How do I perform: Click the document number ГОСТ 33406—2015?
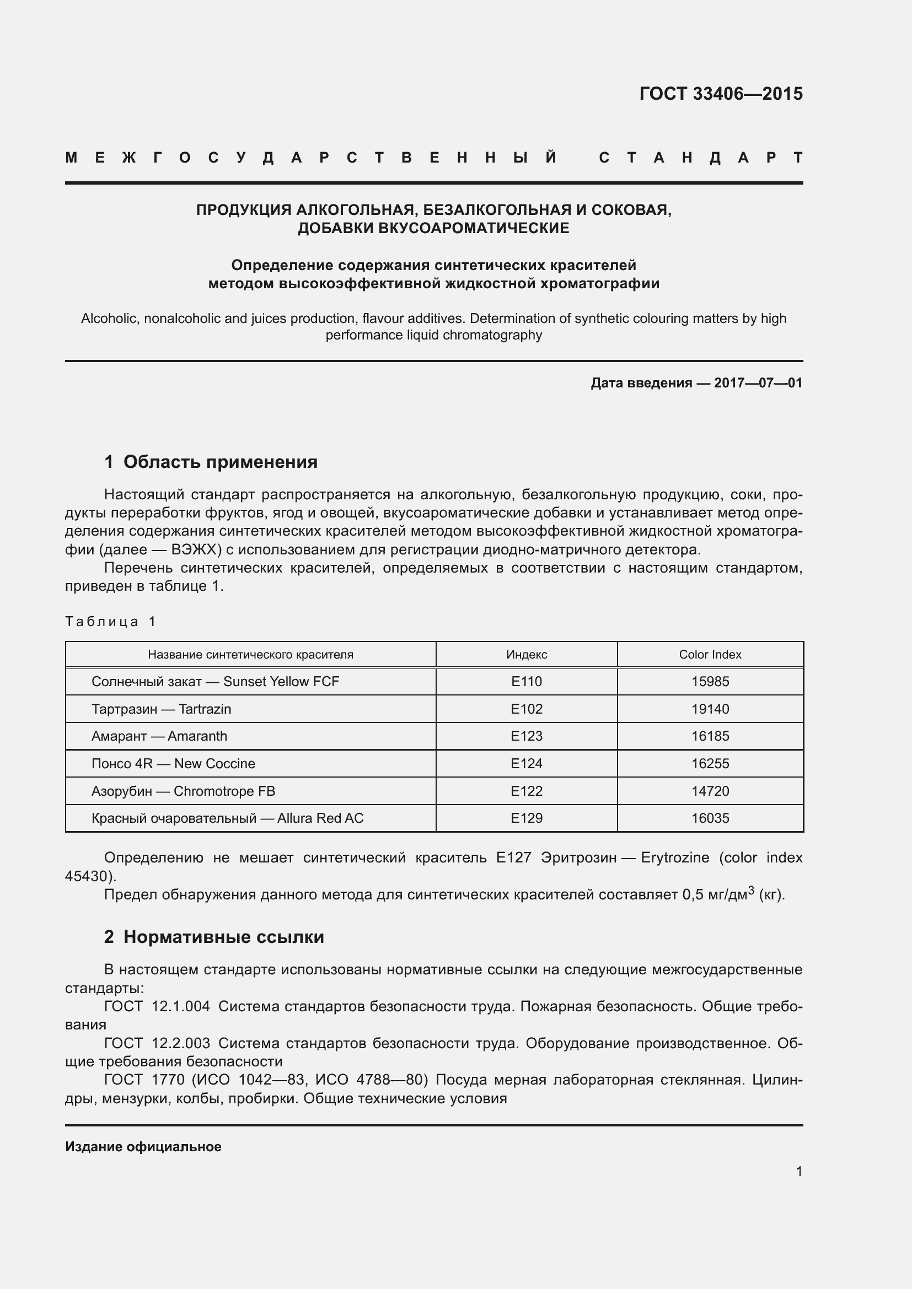pos(721,94)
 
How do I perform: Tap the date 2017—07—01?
pos(758,384)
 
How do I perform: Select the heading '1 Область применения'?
pos(211,462)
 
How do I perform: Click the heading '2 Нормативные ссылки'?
pos(214,937)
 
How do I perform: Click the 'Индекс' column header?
pos(526,655)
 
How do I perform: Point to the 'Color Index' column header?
pos(710,655)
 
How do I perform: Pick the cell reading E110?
pos(526,682)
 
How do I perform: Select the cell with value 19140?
pos(710,709)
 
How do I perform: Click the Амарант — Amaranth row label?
pos(159,736)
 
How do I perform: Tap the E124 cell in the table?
pos(526,763)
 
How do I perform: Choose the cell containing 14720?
pos(710,791)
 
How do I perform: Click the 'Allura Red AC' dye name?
pos(320,818)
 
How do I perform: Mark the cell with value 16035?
pos(710,818)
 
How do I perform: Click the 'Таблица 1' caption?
pos(110,622)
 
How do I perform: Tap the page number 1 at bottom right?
pos(798,1172)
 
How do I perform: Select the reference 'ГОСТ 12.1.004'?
pos(157,1007)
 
